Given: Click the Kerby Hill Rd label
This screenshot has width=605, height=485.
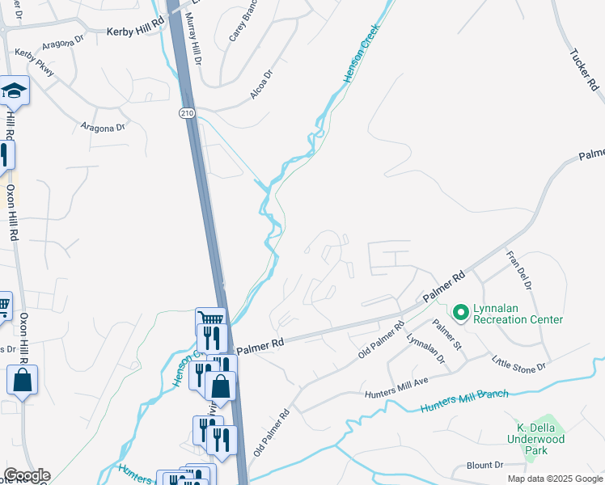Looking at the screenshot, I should (x=135, y=31).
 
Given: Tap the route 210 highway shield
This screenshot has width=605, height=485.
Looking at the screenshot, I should (x=188, y=112).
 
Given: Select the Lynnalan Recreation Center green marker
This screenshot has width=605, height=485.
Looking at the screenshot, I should (x=460, y=311).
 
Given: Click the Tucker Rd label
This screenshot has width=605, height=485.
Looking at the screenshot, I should (x=582, y=70).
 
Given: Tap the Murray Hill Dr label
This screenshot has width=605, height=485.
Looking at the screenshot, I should (x=194, y=39).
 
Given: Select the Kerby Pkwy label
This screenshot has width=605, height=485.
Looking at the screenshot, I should (x=35, y=62).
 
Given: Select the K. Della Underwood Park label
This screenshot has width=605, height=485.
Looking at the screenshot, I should (x=540, y=439).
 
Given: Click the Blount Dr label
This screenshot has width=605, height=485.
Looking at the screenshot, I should (x=484, y=466).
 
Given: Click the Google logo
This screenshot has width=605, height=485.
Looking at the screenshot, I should (x=26, y=475).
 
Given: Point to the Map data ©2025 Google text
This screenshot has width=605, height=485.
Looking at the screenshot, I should (x=554, y=479).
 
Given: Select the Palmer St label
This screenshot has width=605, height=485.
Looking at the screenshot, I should (x=446, y=335).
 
